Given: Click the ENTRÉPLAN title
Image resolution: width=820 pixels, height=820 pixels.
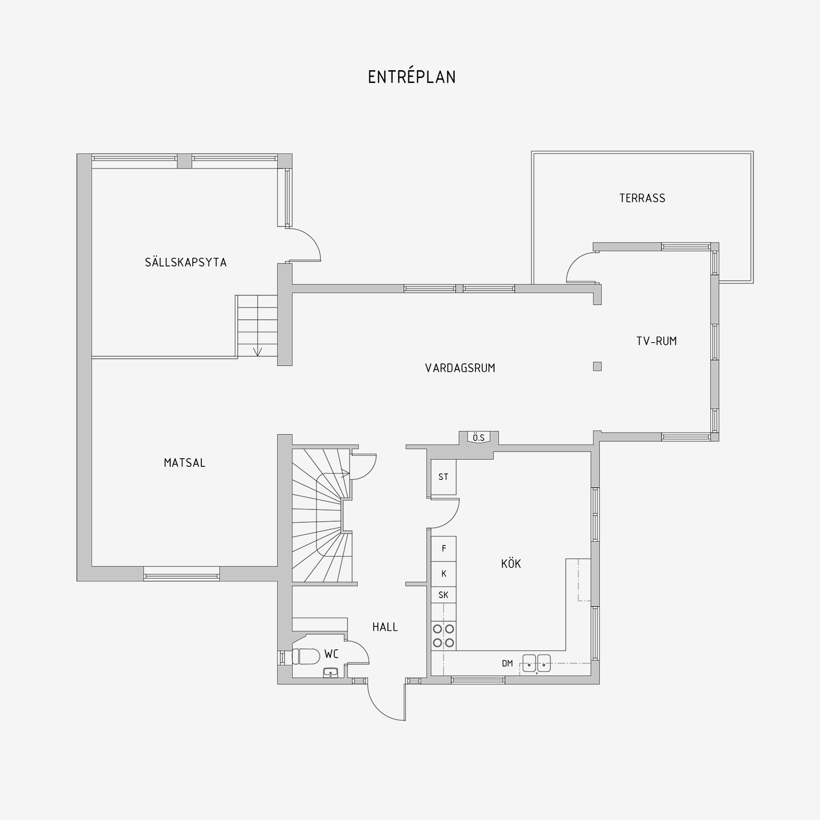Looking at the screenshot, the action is (x=412, y=77).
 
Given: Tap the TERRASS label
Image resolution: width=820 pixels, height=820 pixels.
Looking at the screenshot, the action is (x=642, y=198).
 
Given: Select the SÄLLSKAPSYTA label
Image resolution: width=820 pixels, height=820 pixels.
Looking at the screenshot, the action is (x=186, y=262).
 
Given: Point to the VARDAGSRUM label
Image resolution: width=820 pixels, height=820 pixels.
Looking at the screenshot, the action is (x=460, y=368).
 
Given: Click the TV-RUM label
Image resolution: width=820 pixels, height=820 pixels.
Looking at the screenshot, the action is (x=657, y=341).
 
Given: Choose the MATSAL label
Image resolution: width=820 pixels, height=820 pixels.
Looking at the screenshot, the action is (x=184, y=463).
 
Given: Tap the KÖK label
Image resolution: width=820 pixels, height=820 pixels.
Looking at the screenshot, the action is (x=511, y=564).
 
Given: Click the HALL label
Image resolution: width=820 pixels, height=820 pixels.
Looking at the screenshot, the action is (x=385, y=627).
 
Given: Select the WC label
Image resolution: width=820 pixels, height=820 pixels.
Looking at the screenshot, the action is (x=332, y=654).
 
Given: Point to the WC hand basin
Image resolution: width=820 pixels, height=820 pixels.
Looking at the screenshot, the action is (x=331, y=672).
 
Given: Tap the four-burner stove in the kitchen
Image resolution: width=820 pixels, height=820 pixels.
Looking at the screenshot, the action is (x=443, y=635).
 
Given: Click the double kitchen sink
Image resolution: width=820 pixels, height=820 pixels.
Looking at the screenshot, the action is (x=537, y=663).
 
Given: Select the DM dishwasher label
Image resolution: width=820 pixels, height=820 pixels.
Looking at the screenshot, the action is (x=507, y=664).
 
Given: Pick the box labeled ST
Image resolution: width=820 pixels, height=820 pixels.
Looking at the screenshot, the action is (x=443, y=477).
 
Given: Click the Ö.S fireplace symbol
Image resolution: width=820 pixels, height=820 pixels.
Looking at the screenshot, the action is (x=479, y=438).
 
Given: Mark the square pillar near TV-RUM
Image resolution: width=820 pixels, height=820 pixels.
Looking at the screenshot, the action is (x=597, y=366).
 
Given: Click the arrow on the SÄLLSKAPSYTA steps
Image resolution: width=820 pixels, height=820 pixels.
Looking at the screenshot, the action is (x=257, y=351).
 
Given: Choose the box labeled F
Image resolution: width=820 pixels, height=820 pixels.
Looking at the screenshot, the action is (x=444, y=549).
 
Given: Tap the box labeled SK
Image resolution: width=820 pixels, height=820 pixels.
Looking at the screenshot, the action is (x=444, y=595).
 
